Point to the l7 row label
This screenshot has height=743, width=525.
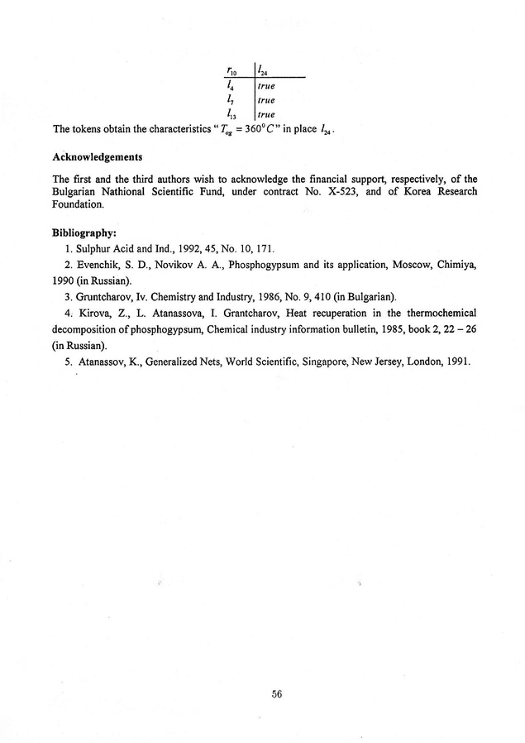click(x=231, y=99)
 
